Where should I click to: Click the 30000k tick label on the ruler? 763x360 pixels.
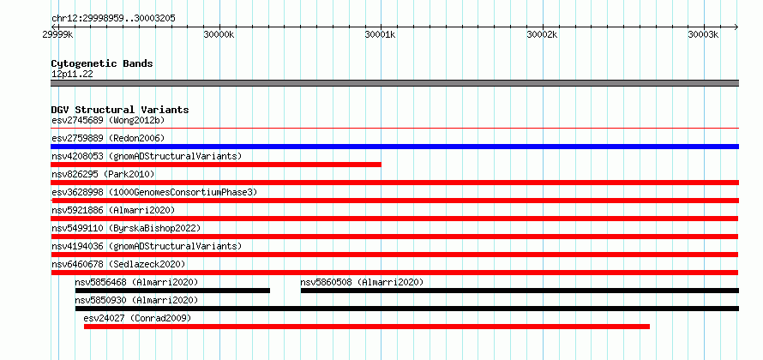point(219,35)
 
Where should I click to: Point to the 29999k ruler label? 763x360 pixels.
point(58,35)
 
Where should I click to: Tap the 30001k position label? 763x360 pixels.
point(380,35)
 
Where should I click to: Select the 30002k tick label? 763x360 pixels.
point(542,35)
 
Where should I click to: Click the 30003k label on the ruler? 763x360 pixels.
point(703,35)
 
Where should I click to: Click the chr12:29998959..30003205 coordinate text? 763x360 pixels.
point(113,19)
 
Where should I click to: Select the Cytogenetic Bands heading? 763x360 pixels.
point(102,63)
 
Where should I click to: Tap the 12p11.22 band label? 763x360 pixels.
point(72,75)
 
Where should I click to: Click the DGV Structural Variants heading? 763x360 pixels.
point(120,110)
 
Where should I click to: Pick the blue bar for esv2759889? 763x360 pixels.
point(394,147)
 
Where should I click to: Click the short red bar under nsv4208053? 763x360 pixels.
point(216,165)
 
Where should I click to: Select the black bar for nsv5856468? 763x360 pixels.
point(172,291)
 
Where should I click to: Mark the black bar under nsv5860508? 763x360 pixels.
point(520,291)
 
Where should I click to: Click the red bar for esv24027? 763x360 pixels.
point(366,327)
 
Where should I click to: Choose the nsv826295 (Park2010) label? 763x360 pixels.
point(103,174)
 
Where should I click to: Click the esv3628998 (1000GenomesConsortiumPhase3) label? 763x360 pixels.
point(154,192)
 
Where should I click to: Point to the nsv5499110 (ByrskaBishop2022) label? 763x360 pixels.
point(126,228)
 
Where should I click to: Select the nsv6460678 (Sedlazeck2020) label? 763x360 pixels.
point(118,264)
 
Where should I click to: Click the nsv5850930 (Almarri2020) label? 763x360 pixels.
point(136,300)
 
